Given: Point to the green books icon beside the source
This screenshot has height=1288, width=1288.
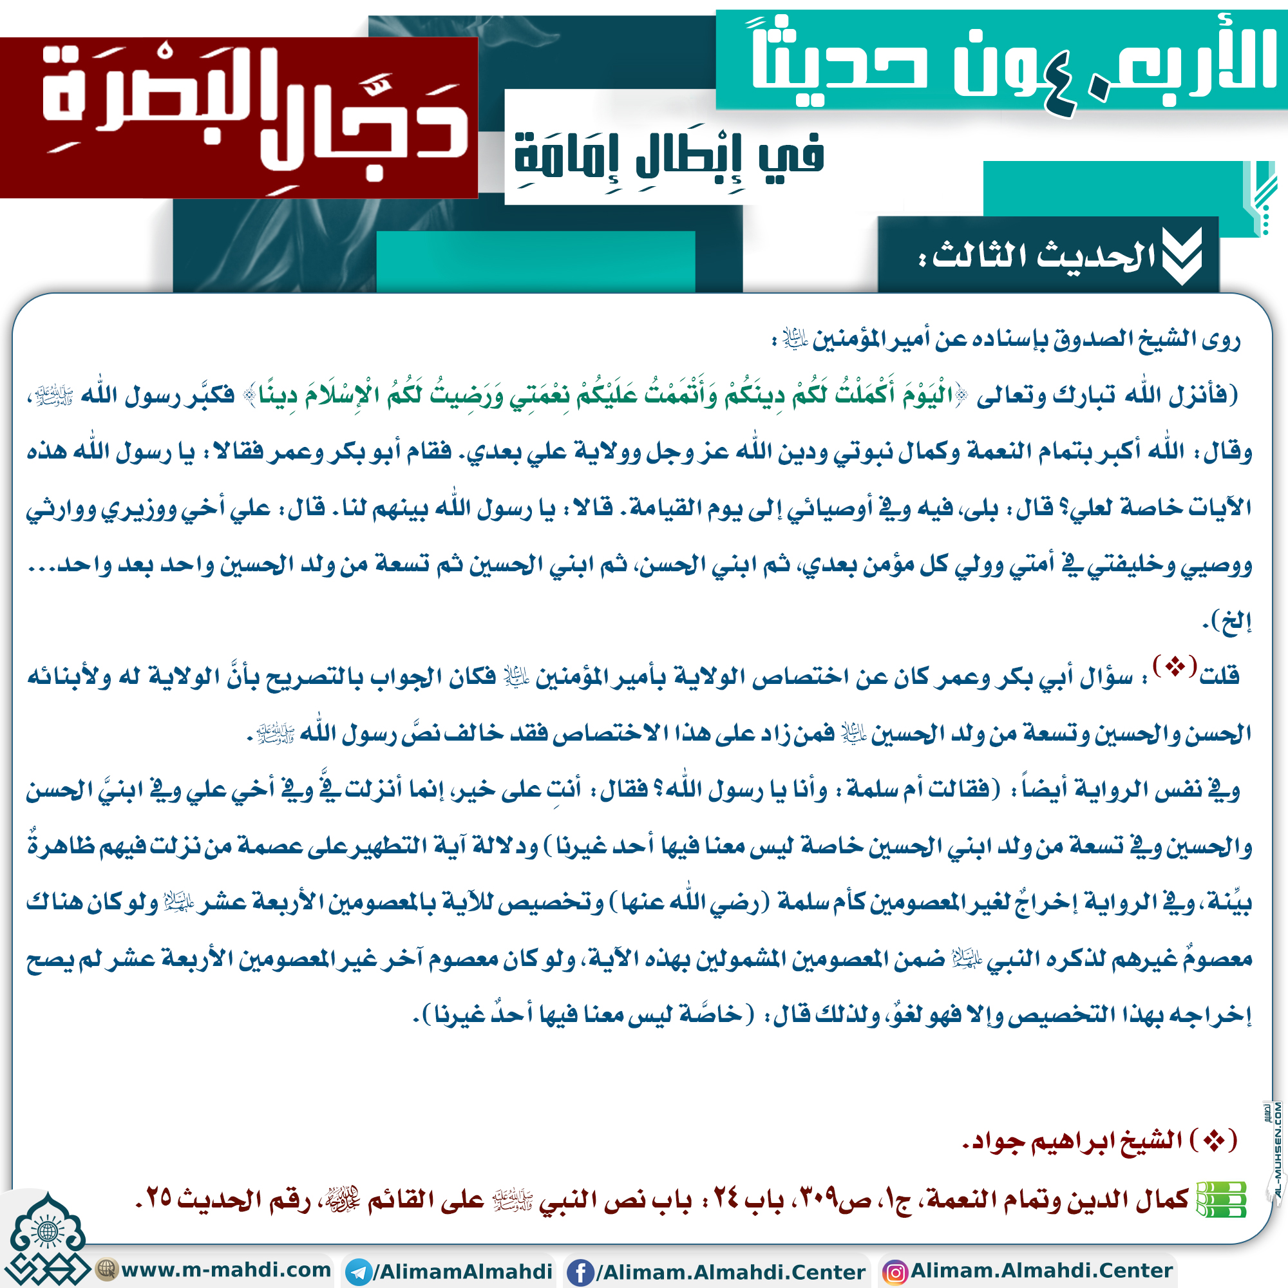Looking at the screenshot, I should (x=1220, y=1200).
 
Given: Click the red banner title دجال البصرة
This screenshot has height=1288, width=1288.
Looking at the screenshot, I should (x=253, y=113).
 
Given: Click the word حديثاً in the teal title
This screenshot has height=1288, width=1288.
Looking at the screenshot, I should (x=840, y=63).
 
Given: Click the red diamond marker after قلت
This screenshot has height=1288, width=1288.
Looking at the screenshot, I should (x=1175, y=666).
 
